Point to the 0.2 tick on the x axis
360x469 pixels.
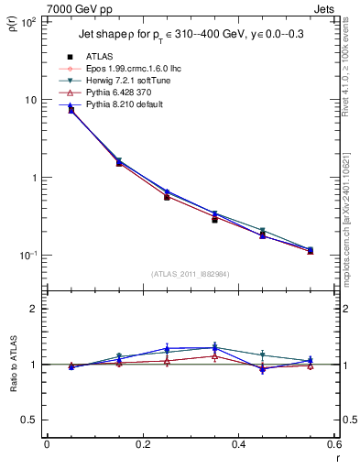143,445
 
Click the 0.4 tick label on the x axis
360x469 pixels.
239,445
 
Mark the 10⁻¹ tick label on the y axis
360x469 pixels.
27,256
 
